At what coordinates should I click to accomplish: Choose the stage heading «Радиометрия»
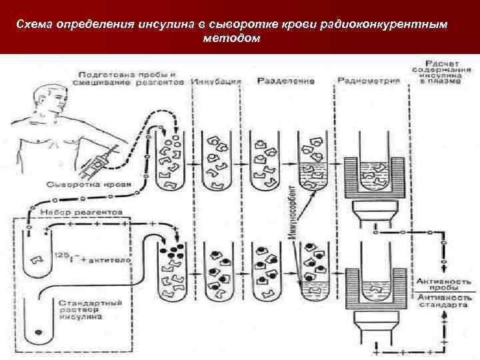[x=368, y=81]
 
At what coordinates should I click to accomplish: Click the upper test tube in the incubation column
[x=216, y=159]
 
